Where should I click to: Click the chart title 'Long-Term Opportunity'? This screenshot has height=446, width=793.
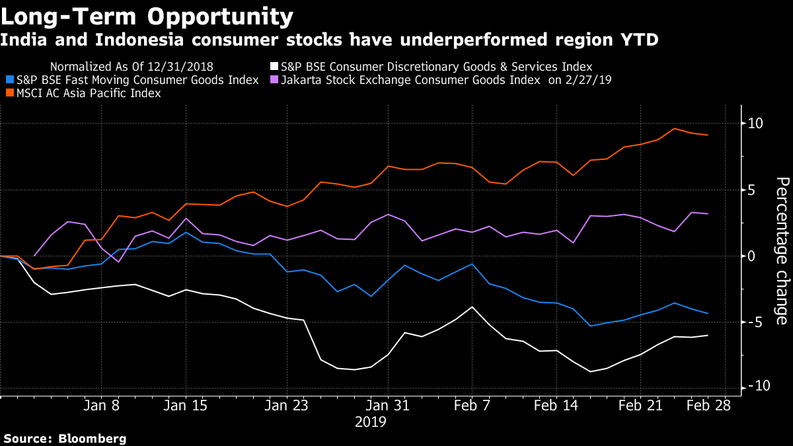(x=147, y=16)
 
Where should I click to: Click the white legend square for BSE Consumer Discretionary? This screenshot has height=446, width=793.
(x=274, y=67)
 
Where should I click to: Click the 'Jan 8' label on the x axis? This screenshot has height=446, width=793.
(x=101, y=406)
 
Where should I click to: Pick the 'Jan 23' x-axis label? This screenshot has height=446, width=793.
(x=287, y=406)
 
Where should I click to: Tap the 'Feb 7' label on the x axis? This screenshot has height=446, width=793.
(x=472, y=406)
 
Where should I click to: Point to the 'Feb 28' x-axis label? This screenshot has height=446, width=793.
(x=708, y=406)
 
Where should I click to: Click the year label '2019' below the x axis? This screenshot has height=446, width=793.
(x=370, y=422)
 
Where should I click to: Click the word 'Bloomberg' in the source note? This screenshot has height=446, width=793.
(x=93, y=439)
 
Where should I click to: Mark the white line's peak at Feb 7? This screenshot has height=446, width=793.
(x=472, y=307)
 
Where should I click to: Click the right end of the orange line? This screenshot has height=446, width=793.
(x=708, y=135)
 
